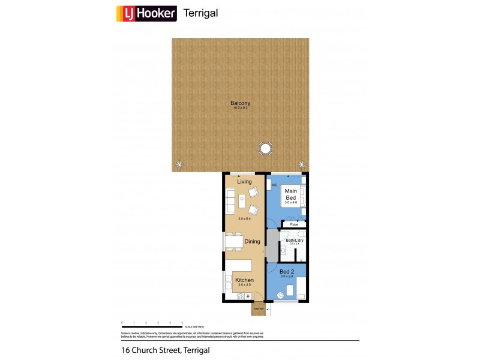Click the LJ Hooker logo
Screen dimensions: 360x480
(146, 13)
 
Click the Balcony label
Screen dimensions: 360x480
(240, 103)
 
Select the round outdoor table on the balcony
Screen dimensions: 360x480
(266, 148)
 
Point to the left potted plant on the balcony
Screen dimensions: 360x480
(179, 164)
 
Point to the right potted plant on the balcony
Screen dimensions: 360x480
(302, 164)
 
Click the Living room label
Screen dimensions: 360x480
(244, 182)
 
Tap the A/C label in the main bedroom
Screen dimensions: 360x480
(274, 185)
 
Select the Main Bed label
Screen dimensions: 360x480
(290, 194)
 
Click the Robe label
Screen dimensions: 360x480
(293, 224)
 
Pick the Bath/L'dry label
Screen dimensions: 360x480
(295, 241)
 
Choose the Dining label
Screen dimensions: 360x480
(252, 242)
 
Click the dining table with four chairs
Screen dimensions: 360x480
(233, 242)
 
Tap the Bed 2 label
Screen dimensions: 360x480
(287, 272)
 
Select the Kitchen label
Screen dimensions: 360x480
(244, 280)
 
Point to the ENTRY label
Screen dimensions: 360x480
(259, 309)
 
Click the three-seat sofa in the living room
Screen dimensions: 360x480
(230, 200)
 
